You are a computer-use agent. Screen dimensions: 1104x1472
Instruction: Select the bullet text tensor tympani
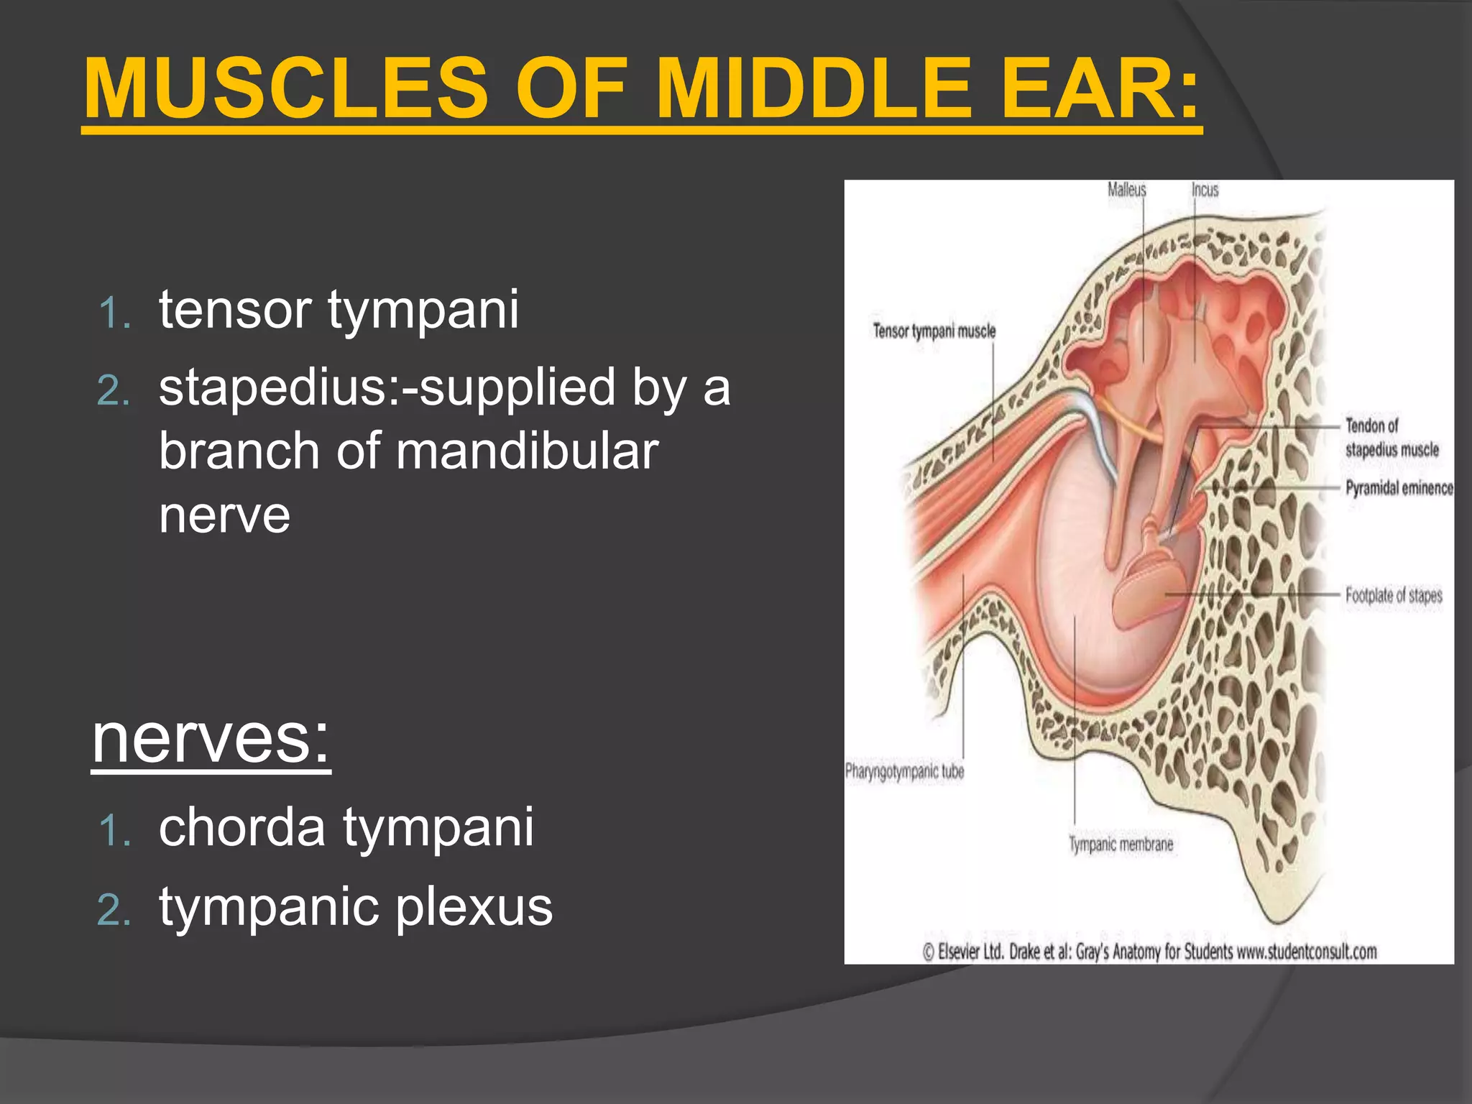339,309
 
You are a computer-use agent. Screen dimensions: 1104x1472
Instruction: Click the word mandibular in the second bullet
527,451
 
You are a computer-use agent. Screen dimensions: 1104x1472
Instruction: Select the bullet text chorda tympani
346,827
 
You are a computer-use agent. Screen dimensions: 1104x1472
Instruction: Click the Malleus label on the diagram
1126,190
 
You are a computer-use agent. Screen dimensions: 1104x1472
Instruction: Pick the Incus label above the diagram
1205,190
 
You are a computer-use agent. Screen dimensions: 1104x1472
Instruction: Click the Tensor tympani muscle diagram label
934,331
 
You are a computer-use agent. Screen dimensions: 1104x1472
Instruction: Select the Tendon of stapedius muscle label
1391,437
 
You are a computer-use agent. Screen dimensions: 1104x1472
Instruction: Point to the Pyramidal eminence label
1399,488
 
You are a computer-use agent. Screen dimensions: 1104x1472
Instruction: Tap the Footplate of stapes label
1393,595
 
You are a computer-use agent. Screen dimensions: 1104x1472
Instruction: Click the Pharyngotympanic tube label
904,771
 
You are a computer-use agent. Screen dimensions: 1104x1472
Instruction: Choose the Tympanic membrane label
1121,844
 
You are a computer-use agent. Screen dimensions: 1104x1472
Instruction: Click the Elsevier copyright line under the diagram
1149,952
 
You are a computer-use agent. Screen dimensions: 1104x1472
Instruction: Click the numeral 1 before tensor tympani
115,314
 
